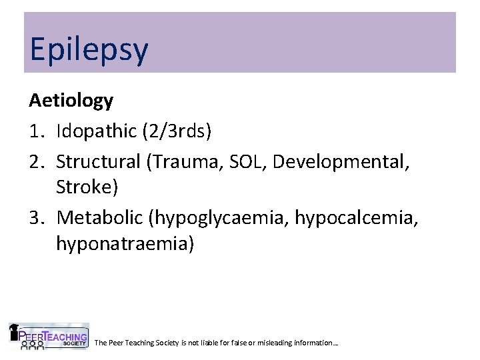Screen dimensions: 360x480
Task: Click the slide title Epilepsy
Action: tap(89, 50)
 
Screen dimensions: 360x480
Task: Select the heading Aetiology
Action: tap(71, 101)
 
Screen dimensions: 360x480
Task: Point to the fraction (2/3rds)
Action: tap(176, 131)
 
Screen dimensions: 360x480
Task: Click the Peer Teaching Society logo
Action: tap(48, 337)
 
